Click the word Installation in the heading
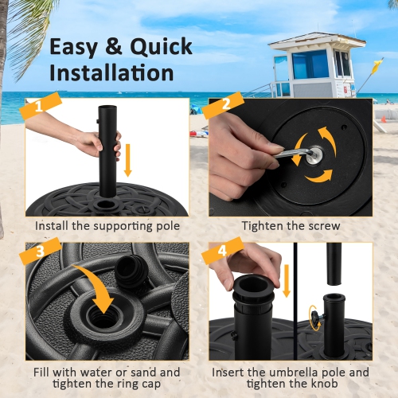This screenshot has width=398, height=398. click(111, 72)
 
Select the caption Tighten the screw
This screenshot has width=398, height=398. click(291, 226)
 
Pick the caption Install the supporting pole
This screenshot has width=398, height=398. click(107, 226)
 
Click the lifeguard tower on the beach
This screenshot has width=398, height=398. click(311, 72)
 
